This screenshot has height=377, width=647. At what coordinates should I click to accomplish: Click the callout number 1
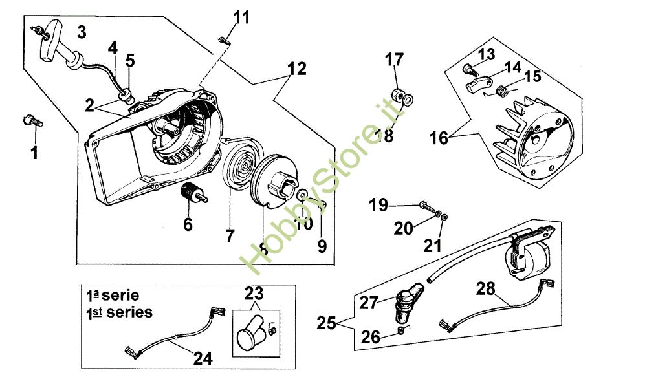[x=34, y=153]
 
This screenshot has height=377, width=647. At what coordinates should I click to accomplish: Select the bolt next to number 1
[x=32, y=120]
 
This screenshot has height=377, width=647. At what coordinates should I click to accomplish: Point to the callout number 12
[x=297, y=68]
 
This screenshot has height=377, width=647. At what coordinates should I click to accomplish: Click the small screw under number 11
[x=225, y=40]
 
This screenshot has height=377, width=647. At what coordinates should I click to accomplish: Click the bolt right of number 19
[x=425, y=206]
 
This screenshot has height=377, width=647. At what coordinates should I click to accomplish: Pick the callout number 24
[x=203, y=356]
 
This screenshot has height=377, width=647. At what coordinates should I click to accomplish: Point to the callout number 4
[x=113, y=47]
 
